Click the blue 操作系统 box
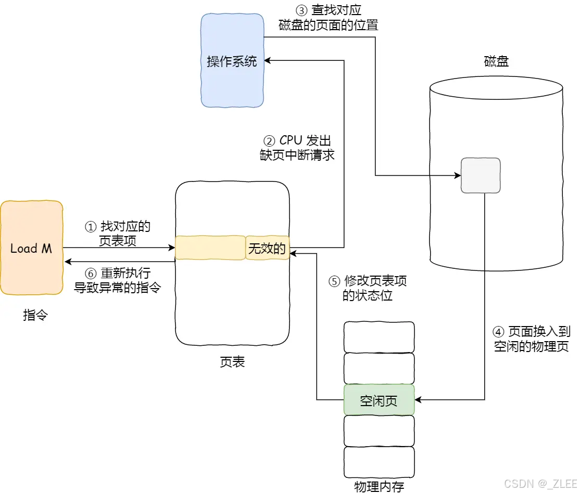[232, 61]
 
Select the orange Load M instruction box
[31, 248]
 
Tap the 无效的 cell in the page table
[267, 248]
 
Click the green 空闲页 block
[379, 400]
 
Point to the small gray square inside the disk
[480, 176]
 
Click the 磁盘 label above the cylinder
[496, 61]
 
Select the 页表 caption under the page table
[232, 362]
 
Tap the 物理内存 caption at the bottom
[379, 486]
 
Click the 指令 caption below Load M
[35, 315]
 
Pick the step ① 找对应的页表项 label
[118, 233]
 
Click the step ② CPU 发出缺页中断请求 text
[297, 148]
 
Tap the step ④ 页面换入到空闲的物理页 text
[531, 339]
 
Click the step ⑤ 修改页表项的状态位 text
[368, 288]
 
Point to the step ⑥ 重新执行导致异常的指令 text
[118, 281]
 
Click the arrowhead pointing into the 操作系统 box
[268, 61]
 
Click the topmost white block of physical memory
[379, 337]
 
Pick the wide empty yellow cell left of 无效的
[210, 248]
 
